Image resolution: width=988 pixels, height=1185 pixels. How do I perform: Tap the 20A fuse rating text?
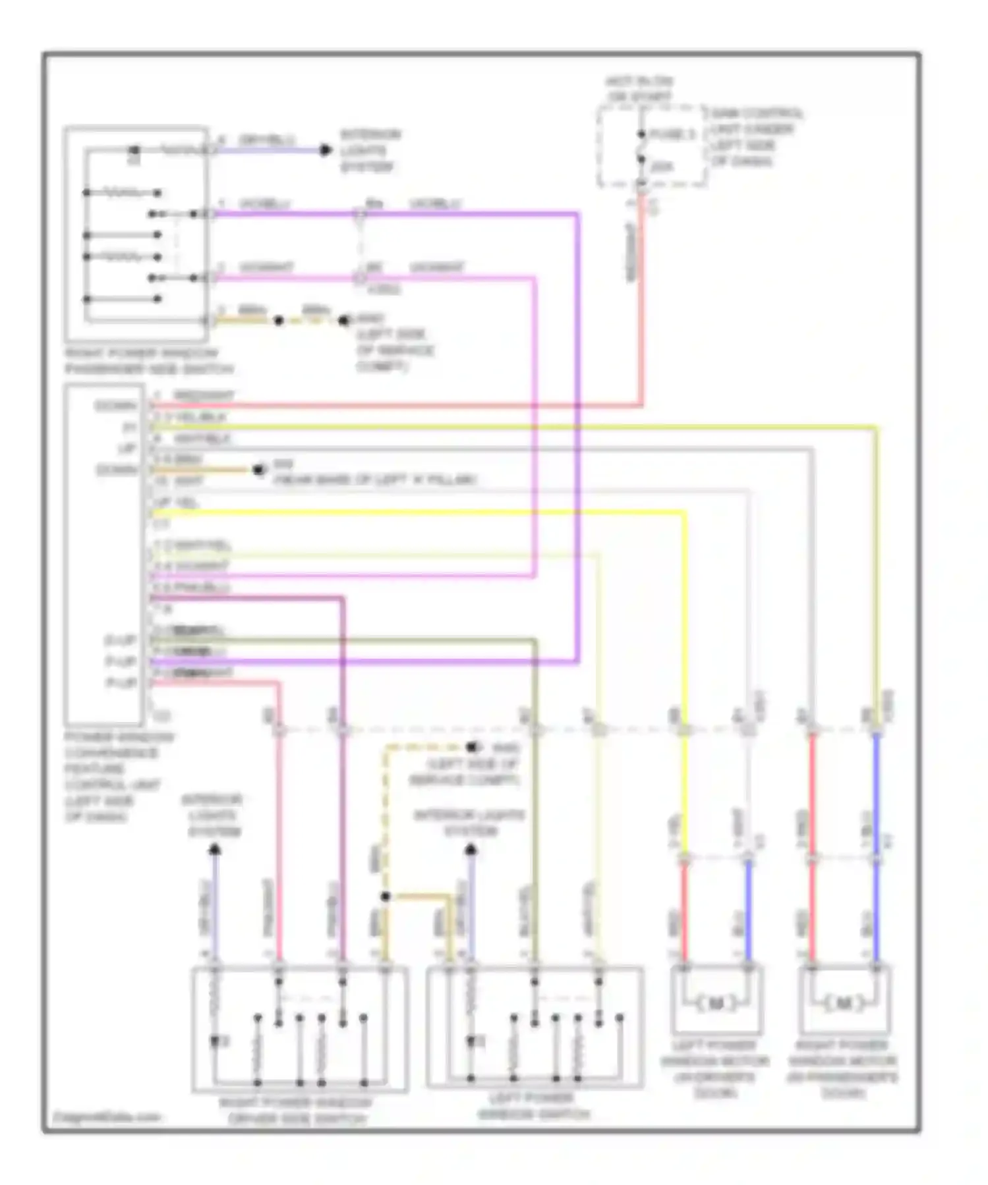coord(662,167)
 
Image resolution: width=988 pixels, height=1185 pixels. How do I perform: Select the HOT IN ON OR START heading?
coord(639,90)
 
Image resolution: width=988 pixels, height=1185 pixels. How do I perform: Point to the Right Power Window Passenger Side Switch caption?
coord(149,361)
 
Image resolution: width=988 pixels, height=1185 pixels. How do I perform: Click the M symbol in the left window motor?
coord(716,1004)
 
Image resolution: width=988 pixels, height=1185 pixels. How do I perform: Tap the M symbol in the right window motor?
coord(844,1004)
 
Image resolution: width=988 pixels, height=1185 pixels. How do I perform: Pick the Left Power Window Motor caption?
coord(715,1068)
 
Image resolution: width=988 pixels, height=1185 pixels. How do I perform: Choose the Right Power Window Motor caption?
coord(843,1068)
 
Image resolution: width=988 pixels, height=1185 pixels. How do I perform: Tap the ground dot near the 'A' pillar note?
coord(258,470)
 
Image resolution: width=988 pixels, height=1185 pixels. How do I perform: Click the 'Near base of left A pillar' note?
coord(374,480)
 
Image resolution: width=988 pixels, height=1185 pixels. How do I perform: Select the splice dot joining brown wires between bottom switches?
coord(386,896)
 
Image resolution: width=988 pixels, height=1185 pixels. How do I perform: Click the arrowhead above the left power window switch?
coord(470,850)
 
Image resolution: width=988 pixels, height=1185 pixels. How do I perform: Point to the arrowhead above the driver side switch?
coord(214,850)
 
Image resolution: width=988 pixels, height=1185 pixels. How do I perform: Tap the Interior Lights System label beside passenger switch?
coord(370,151)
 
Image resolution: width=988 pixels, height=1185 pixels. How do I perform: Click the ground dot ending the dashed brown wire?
coord(471,748)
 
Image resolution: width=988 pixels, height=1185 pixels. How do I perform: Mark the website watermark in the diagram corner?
coord(107,1116)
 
